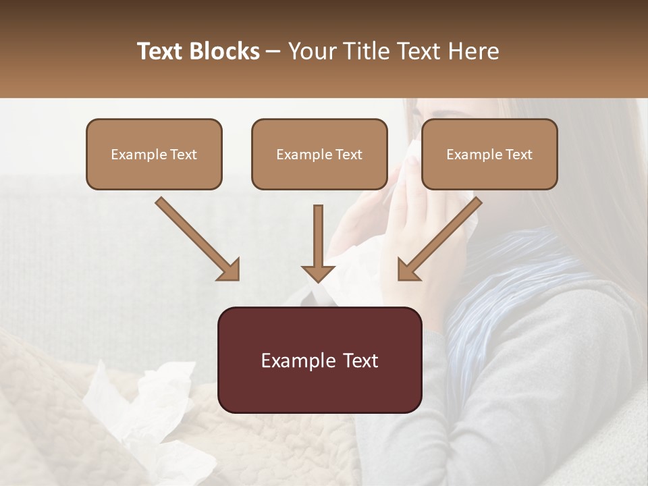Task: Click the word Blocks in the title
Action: pos(223,51)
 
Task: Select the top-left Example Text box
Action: pos(154,154)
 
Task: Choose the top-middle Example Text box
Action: pos(319,154)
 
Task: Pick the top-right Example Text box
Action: pos(489,154)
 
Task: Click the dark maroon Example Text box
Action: pos(319,360)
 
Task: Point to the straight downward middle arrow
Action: pos(318,243)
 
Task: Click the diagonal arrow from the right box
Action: pos(439,239)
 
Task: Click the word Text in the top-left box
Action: pos(184,155)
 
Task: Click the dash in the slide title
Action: pos(273,51)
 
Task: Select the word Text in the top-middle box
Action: pos(349,155)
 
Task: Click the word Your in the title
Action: pos(308,51)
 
